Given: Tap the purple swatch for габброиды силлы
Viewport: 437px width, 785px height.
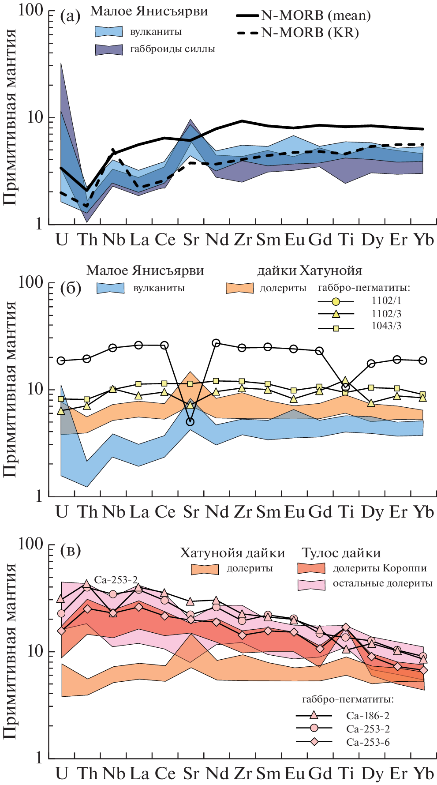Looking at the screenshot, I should [109, 49].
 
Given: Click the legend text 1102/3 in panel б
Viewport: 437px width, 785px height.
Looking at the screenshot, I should [386, 314].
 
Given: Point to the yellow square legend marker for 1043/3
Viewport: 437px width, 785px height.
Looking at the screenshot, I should [336, 328].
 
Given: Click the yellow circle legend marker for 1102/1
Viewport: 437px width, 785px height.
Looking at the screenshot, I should [336, 302].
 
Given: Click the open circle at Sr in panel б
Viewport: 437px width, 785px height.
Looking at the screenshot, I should [190, 422].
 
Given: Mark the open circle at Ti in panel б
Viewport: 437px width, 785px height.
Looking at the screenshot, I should [346, 387].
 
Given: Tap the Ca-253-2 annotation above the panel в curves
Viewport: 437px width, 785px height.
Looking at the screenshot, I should [116, 580].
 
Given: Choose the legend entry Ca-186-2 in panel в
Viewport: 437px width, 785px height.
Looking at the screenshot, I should [368, 716].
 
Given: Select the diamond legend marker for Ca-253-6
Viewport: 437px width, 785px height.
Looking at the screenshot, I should [314, 742].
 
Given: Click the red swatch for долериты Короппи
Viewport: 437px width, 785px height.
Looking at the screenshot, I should [311, 568].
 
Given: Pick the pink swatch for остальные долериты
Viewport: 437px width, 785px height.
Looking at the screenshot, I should [311, 584].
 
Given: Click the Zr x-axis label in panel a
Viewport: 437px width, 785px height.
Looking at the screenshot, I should [243, 240].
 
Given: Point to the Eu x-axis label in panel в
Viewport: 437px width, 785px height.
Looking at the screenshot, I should [295, 773].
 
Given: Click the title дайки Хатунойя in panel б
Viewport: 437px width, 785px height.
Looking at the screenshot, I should [310, 270].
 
